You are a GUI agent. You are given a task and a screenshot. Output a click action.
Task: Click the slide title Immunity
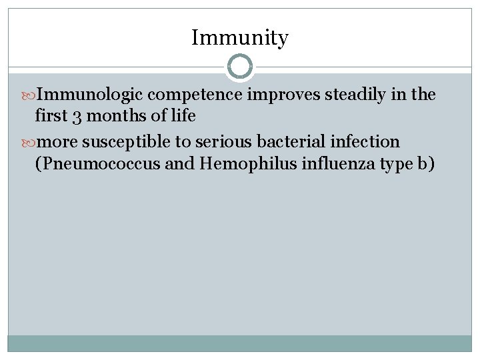[x=240, y=38]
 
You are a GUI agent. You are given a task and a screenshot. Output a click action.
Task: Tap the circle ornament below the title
[x=240, y=67]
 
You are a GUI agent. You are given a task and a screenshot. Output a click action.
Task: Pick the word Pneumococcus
[x=99, y=163]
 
